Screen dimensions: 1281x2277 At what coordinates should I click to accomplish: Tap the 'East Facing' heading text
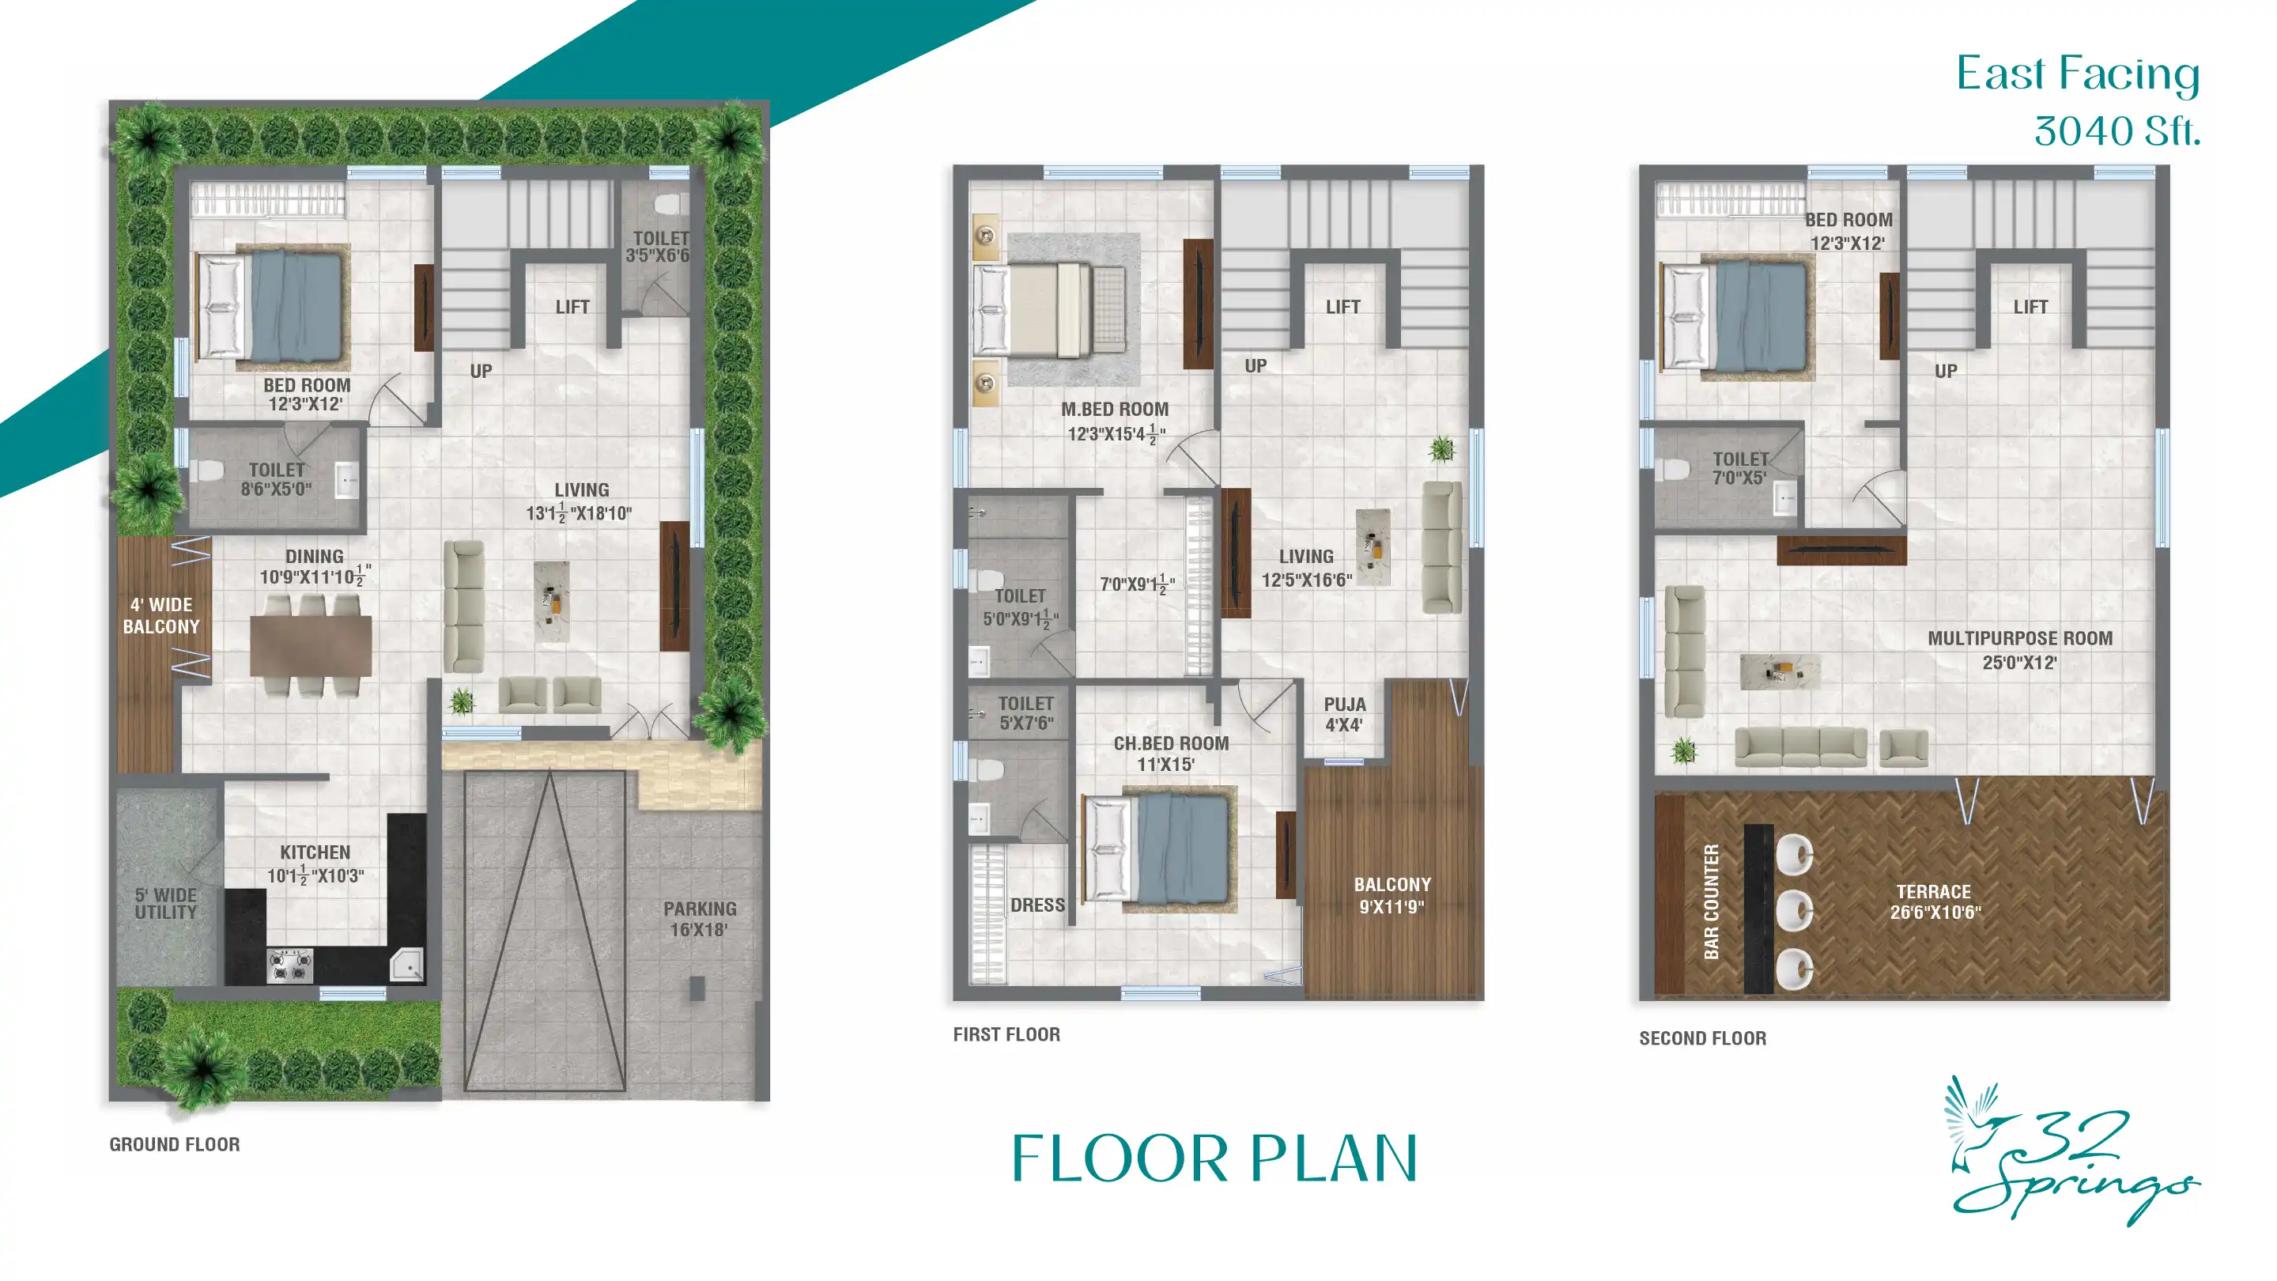(x=2077, y=74)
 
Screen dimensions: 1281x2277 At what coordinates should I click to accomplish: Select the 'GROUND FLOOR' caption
(x=174, y=1144)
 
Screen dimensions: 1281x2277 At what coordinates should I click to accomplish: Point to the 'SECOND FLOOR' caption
(x=1702, y=1038)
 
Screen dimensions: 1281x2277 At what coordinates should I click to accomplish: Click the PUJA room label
(x=1344, y=714)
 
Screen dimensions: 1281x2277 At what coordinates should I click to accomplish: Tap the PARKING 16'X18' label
(x=699, y=919)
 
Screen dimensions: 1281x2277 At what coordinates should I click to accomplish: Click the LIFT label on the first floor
(x=1342, y=307)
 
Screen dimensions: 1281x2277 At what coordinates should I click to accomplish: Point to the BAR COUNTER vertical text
(x=1711, y=901)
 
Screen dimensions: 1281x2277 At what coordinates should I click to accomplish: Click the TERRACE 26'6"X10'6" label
(x=1935, y=901)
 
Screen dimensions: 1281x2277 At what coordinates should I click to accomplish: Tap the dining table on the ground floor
(x=310, y=645)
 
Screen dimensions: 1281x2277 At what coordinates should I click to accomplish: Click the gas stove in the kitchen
(x=290, y=965)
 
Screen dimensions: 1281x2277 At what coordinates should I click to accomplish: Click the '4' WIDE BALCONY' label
(x=160, y=615)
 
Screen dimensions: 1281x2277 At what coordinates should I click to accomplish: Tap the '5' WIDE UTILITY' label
(x=166, y=904)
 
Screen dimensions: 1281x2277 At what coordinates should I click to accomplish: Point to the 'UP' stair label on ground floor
(x=481, y=372)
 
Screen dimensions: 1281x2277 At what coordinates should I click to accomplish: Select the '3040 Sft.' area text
(x=2117, y=132)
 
